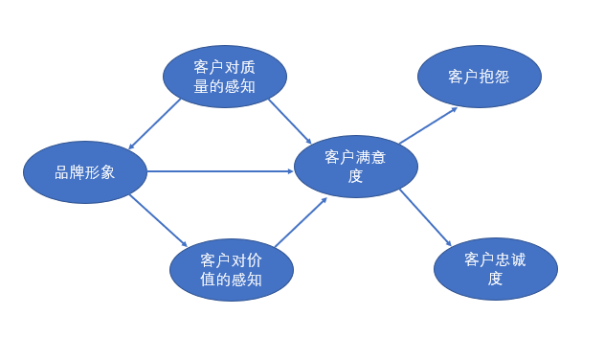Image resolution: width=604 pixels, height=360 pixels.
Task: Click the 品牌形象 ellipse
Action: click(x=84, y=172)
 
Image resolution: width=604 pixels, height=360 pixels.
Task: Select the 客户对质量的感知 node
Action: click(x=224, y=77)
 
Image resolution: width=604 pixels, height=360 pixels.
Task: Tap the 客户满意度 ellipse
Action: click(x=355, y=166)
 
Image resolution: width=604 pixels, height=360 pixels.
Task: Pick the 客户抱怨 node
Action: click(x=480, y=77)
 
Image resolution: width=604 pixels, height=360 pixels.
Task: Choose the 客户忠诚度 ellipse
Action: click(x=495, y=269)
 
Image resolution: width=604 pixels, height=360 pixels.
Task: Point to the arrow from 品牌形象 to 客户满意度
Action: click(x=220, y=171)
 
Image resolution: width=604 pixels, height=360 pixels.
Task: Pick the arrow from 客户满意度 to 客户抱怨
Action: click(x=427, y=125)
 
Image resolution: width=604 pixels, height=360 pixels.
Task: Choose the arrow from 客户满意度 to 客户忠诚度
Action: click(x=425, y=217)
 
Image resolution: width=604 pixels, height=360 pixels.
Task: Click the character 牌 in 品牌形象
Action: click(x=77, y=172)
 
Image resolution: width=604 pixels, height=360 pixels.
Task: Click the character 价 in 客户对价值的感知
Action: click(x=254, y=259)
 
